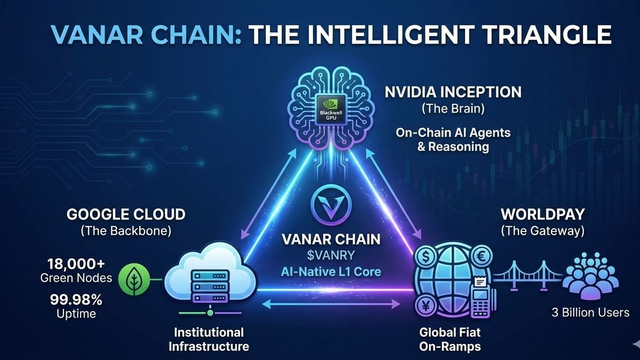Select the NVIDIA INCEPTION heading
pyautogui.click(x=453, y=92)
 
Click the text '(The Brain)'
pyautogui.click(x=453, y=108)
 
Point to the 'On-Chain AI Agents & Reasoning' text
pyautogui.click(x=453, y=139)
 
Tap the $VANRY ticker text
pyautogui.click(x=331, y=255)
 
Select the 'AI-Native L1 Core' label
pyautogui.click(x=331, y=272)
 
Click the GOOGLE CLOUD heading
pyautogui.click(x=126, y=215)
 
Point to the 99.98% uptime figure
pyautogui.click(x=76, y=300)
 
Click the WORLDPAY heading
pyautogui.click(x=542, y=214)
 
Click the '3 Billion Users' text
pyautogui.click(x=590, y=313)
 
